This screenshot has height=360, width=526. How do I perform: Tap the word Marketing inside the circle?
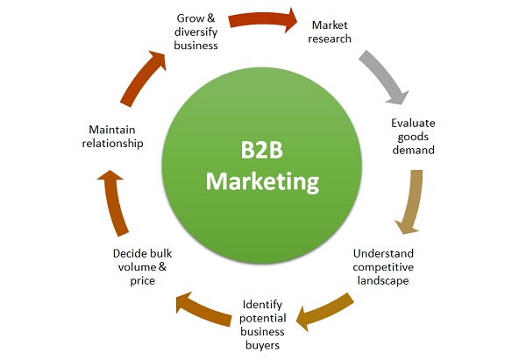[x=261, y=182]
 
